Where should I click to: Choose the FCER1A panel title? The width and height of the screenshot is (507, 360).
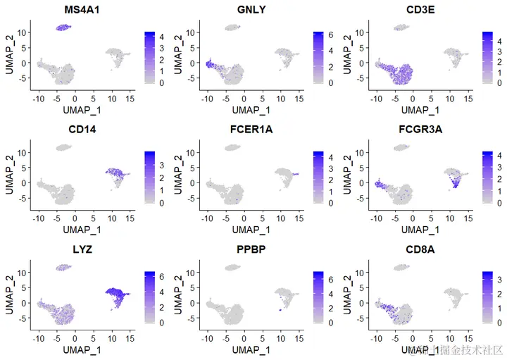tap(246, 129)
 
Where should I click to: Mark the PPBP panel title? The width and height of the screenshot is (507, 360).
tap(246, 249)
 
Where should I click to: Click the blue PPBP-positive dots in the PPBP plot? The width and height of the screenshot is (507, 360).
tap(280, 309)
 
